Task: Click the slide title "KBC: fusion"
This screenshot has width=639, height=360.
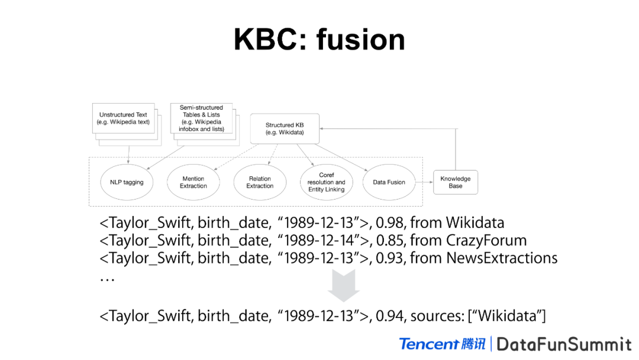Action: coord(319,40)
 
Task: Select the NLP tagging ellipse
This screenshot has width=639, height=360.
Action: coord(127,182)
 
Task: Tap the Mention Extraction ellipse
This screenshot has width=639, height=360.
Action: coord(193,182)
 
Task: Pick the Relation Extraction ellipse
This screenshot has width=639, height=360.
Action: coord(260,182)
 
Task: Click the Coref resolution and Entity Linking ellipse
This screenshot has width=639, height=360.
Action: coord(327,182)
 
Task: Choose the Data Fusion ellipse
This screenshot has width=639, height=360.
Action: coord(389,182)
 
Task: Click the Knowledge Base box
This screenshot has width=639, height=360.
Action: coord(455,182)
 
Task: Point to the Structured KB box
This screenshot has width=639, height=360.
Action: coord(284,128)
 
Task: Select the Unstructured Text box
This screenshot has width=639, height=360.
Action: coord(123,118)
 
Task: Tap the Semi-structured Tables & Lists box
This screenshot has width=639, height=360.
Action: coord(201,118)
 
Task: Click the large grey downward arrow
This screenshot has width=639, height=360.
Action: coord(344,285)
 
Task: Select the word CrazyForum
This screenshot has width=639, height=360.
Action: coord(486,240)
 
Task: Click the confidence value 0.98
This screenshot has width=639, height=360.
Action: coord(390,223)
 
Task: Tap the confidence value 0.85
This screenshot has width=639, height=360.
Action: coord(390,240)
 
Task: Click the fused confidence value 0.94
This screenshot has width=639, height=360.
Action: coord(390,316)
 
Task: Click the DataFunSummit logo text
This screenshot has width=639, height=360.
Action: coord(564,344)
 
